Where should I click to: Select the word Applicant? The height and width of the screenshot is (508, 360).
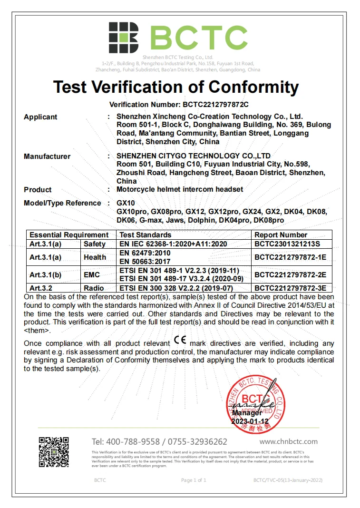click(40, 117)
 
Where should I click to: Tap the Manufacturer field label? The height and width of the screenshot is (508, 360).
click(47, 156)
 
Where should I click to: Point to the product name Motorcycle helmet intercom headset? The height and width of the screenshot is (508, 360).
click(180, 189)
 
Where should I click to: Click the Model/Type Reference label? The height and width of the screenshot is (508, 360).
click(62, 203)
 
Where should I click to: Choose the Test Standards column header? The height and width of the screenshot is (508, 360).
click(145, 235)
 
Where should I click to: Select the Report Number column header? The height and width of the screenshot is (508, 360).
click(281, 235)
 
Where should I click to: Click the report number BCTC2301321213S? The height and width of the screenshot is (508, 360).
click(288, 244)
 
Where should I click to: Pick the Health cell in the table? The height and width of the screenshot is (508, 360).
click(95, 257)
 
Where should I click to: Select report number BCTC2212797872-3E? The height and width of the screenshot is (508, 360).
click(290, 288)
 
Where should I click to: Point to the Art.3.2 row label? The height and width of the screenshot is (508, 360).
click(41, 288)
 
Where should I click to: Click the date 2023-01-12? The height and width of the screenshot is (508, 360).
click(250, 421)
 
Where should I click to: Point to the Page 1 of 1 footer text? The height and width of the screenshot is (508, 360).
click(194, 480)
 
